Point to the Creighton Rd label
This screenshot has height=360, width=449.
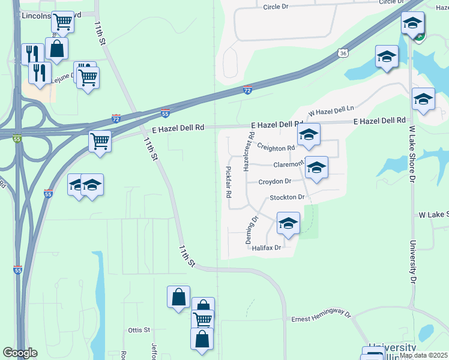point(276,147)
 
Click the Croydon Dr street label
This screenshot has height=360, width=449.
point(274,181)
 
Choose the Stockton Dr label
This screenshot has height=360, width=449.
point(288,197)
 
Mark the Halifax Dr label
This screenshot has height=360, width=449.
point(267,248)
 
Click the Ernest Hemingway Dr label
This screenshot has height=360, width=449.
point(321,316)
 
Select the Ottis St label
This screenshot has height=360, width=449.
point(139,330)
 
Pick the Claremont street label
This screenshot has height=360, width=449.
point(288,164)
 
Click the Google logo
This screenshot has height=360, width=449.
point(20,353)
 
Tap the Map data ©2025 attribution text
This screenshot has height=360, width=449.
point(423,355)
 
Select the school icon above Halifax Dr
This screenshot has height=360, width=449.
point(288,224)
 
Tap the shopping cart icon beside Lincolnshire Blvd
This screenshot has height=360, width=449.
point(62,22)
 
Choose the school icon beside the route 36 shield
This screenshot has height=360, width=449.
point(387,58)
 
